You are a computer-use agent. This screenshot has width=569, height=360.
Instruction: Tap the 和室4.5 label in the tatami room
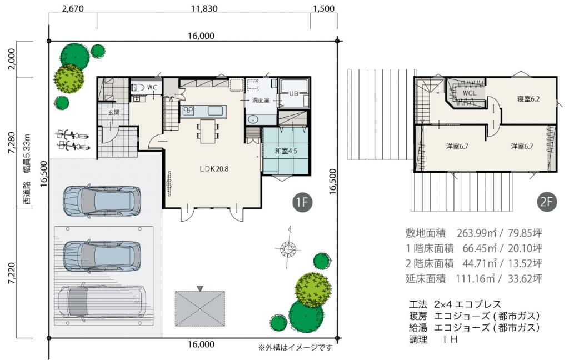pos(286,151)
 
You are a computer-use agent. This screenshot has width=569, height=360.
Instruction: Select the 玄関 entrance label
pos(114,113)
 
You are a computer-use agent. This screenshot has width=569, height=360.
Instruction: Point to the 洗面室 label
pos(261,101)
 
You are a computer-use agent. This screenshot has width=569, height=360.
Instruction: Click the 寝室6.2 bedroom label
pos(528,99)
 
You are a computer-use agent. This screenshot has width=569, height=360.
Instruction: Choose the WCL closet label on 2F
pos(470,93)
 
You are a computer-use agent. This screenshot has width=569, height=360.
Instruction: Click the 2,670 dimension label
pos(73,8)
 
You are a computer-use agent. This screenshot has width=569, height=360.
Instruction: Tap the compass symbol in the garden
pos(288,247)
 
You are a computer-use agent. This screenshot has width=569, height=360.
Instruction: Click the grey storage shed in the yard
pos(200,308)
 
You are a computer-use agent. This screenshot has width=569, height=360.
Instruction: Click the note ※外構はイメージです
pos(295,348)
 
